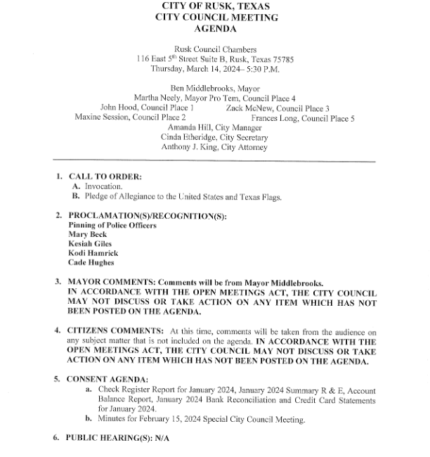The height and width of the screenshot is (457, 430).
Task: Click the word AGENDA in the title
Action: click(215, 29)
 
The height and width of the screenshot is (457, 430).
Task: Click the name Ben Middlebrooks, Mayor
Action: click(214, 88)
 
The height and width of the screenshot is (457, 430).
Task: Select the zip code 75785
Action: click(280, 59)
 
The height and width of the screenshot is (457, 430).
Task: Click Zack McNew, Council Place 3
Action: click(278, 108)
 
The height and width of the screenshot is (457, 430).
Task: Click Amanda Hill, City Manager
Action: click(214, 127)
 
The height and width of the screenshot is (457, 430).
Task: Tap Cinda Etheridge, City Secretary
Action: click(214, 138)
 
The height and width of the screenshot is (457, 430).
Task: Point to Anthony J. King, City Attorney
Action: click(214, 148)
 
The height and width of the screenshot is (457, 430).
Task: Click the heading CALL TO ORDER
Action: click(105, 176)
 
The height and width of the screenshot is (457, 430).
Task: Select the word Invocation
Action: click(103, 186)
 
